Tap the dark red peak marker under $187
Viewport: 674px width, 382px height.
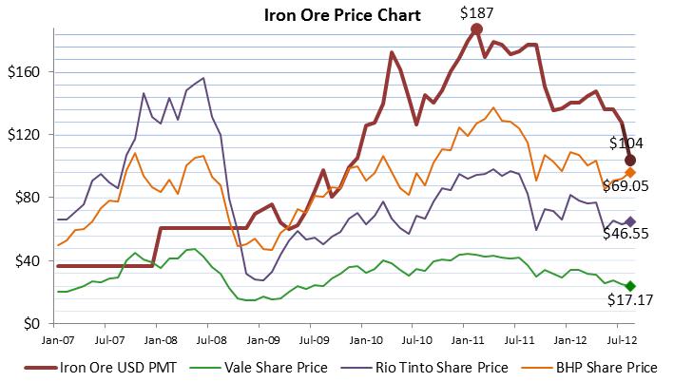476,29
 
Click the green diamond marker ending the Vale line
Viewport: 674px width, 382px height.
630,286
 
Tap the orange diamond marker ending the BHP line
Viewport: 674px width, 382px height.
630,172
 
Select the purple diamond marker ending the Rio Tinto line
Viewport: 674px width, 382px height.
630,221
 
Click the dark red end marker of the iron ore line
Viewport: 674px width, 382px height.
630,160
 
